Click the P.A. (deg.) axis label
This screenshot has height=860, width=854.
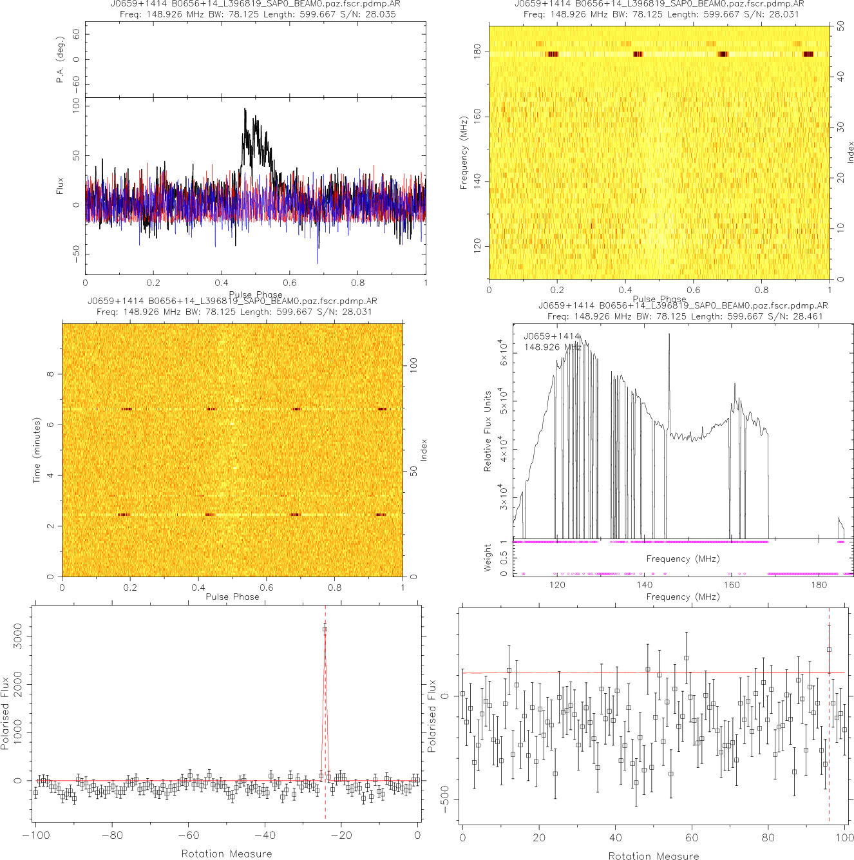60,60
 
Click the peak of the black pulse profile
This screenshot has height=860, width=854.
245,110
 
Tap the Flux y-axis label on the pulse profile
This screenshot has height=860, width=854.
60,187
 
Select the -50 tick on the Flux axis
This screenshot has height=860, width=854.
76,252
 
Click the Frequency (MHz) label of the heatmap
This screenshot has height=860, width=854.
463,153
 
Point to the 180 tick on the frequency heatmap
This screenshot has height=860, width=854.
477,52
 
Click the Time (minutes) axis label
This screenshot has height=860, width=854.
37,451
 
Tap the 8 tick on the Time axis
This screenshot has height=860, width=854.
50,374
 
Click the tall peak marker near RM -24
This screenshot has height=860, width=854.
325,629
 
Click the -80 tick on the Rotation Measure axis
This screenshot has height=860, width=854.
112,836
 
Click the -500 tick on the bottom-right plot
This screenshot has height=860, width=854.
445,800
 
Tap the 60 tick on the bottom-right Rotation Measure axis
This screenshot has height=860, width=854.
692,838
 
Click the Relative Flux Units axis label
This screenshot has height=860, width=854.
488,430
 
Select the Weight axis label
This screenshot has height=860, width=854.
487,558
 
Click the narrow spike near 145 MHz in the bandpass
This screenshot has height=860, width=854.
669,335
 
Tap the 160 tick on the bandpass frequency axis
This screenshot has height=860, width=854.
732,585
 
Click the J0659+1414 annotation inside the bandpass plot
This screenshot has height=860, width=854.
551,336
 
